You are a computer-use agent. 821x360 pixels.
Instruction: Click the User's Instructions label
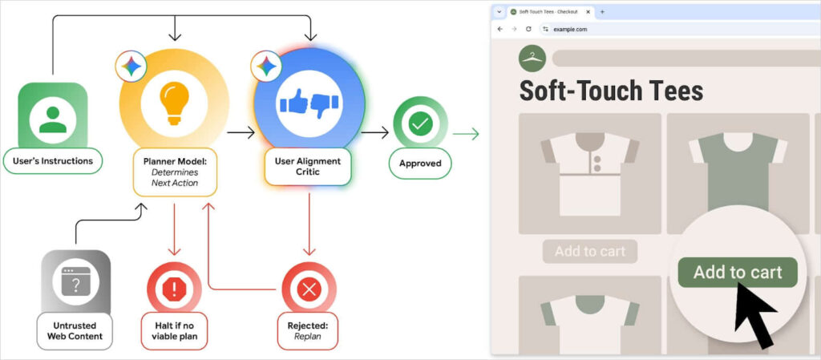click(53, 161)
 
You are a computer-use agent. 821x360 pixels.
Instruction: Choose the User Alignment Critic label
click(309, 167)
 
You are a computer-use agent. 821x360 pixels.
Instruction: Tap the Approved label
click(420, 164)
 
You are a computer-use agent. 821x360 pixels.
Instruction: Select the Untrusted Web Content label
click(75, 330)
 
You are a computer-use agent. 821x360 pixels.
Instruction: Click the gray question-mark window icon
click(75, 281)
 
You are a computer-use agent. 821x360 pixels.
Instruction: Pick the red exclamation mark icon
click(174, 286)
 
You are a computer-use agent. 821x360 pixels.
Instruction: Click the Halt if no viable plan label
click(174, 330)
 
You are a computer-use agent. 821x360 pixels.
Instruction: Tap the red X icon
click(309, 287)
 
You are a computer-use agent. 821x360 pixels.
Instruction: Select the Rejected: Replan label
click(309, 330)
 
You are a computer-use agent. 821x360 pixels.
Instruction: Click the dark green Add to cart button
click(737, 272)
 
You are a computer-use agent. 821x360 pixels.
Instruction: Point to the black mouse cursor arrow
click(754, 314)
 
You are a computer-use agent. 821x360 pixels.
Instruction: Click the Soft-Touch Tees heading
click(611, 90)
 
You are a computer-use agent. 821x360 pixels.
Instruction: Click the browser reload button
click(528, 29)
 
